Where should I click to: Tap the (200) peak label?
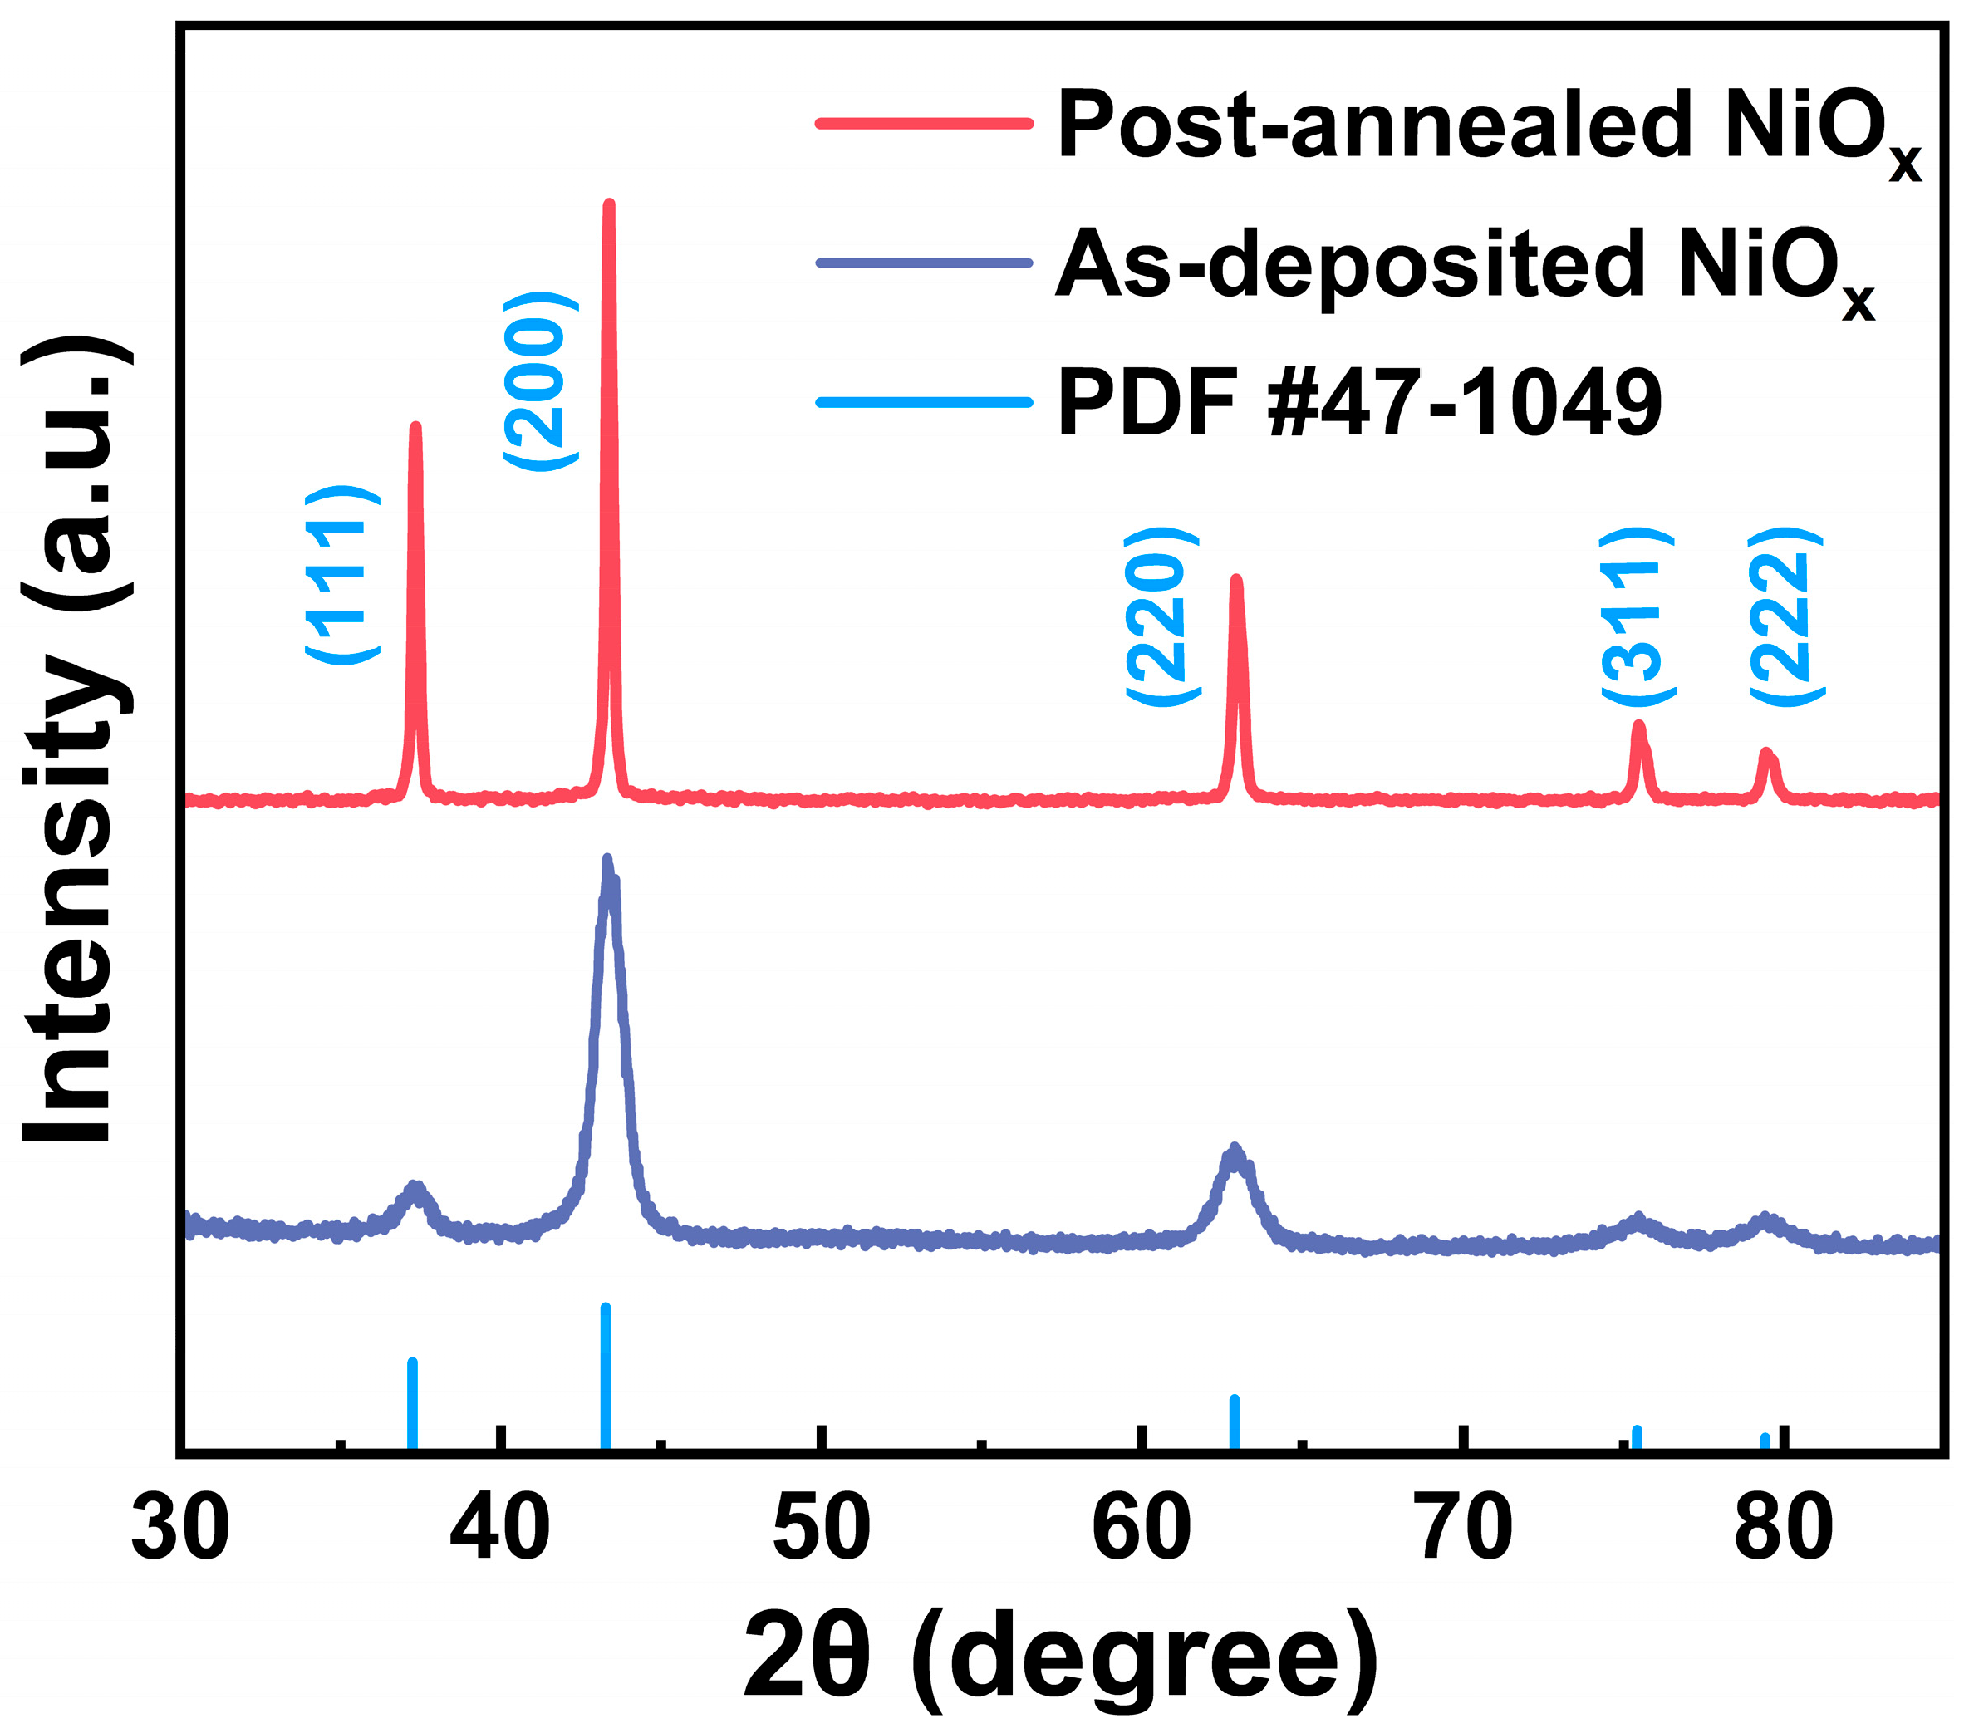click(x=542, y=381)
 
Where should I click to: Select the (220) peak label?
click(x=1163, y=616)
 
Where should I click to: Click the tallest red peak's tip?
click(x=608, y=205)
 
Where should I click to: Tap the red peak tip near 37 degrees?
click(x=415, y=427)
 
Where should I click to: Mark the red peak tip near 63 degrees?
click(x=1237, y=581)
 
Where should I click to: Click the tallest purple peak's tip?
click(x=606, y=860)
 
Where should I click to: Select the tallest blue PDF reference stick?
click(x=605, y=1377)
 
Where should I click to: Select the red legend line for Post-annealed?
click(x=924, y=123)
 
